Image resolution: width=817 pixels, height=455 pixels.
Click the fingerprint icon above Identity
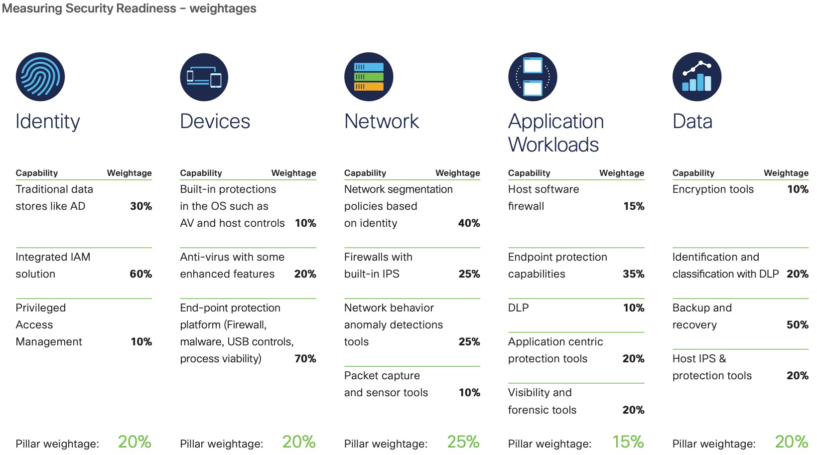click(40, 77)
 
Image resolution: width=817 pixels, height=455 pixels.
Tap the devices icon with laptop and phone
click(204, 77)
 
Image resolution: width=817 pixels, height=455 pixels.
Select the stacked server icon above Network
click(369, 77)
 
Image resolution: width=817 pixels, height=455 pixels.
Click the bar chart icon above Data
click(697, 77)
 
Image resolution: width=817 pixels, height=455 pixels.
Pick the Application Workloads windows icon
click(533, 77)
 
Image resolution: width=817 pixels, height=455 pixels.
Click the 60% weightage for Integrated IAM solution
click(141, 274)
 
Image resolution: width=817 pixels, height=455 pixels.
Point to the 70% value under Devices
click(305, 359)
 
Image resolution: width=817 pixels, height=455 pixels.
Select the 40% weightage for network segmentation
click(469, 223)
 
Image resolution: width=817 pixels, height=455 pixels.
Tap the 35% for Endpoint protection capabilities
click(634, 274)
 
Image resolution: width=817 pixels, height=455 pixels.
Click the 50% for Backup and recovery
click(798, 325)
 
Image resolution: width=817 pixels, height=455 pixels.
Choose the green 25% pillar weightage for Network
click(463, 442)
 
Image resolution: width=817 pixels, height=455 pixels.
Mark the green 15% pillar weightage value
click(628, 442)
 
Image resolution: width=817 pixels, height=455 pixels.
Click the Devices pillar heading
click(215, 122)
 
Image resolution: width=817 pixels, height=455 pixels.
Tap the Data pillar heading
click(692, 122)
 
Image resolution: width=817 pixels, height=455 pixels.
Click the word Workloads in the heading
click(553, 145)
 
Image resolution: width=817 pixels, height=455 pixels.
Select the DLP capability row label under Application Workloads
click(519, 308)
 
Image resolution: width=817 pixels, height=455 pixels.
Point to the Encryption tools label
click(713, 189)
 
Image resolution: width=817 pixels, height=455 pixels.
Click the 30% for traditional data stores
click(141, 206)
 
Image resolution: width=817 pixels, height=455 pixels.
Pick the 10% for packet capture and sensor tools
click(469, 393)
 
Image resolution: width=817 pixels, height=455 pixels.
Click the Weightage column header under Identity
click(130, 173)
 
